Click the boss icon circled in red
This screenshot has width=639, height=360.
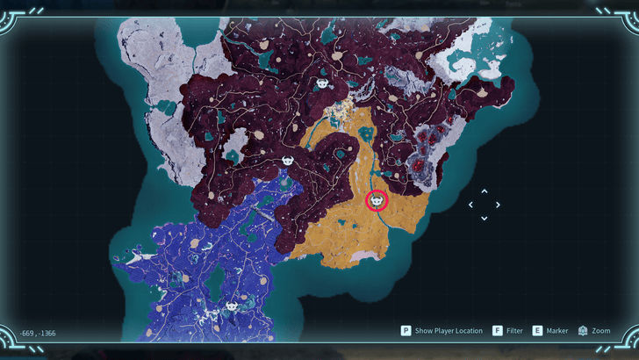[377, 201]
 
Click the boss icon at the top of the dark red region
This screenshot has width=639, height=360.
[322, 84]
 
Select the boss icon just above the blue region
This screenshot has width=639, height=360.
[288, 162]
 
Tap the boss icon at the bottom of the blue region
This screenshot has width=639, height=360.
[232, 306]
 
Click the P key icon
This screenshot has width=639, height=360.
[406, 331]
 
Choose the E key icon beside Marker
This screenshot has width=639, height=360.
[537, 331]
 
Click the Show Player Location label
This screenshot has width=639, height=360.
[449, 331]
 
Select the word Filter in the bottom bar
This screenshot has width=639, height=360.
[514, 331]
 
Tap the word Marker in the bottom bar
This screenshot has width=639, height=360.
[557, 331]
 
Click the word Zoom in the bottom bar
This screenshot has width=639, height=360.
[601, 331]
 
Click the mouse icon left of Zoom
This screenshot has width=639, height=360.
[583, 331]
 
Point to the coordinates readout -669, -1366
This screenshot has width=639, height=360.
[38, 334]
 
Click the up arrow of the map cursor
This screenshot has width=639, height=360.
[485, 191]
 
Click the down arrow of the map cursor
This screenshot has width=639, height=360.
[485, 218]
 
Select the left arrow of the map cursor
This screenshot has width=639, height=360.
[471, 205]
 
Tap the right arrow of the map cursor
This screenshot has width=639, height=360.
[498, 205]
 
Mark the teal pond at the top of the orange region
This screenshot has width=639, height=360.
[365, 134]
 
